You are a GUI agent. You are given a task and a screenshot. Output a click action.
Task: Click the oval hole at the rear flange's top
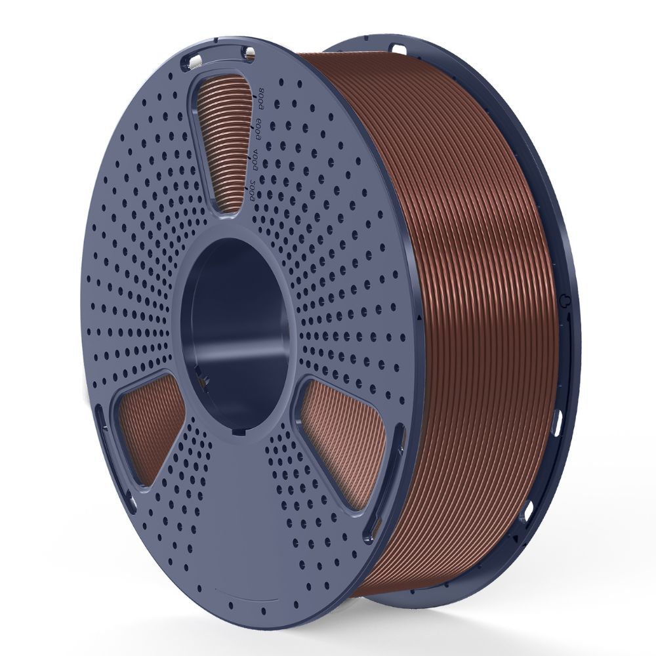coord(398,48)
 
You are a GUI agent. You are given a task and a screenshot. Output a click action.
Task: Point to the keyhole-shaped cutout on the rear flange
coord(565,298)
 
